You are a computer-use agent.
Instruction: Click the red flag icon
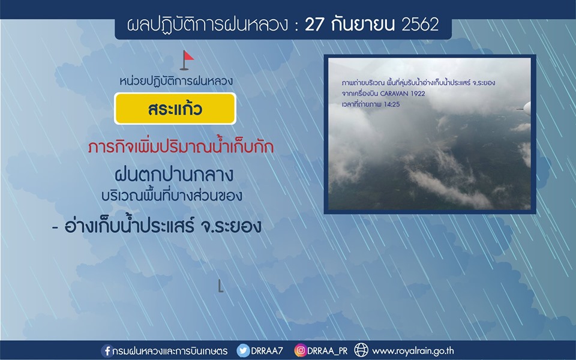(x=187, y=60)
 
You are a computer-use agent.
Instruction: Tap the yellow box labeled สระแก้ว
(x=175, y=109)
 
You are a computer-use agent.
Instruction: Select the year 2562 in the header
(x=420, y=25)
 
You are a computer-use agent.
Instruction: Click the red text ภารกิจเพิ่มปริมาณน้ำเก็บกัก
(x=181, y=146)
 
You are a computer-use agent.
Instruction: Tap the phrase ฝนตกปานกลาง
(x=174, y=175)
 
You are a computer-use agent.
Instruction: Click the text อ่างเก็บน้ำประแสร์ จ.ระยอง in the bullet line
(x=163, y=226)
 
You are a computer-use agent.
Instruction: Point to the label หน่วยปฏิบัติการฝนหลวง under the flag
(x=176, y=81)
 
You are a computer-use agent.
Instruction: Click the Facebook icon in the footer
(x=107, y=351)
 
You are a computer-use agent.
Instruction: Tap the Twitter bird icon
(x=243, y=351)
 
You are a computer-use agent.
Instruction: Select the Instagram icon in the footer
(x=300, y=350)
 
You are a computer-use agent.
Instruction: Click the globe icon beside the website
(x=361, y=350)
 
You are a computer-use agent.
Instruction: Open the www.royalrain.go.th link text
(x=413, y=351)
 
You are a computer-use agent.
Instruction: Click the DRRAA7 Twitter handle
(x=267, y=351)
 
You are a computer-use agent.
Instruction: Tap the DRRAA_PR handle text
(x=328, y=351)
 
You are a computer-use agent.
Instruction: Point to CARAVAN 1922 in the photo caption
(x=403, y=94)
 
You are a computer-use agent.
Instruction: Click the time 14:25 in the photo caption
(x=392, y=104)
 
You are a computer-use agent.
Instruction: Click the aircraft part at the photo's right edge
(x=526, y=109)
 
